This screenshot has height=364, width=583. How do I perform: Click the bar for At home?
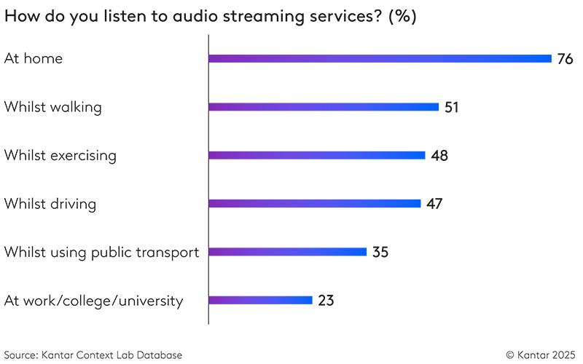(x=380, y=58)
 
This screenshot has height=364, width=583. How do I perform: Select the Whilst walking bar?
(x=324, y=107)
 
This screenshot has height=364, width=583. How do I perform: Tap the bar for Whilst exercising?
(x=317, y=155)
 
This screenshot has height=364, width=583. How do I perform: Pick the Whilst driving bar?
(x=315, y=203)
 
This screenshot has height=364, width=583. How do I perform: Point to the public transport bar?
(x=287, y=252)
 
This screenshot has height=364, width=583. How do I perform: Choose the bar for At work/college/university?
(x=260, y=300)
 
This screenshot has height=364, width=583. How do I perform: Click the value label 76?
(x=566, y=59)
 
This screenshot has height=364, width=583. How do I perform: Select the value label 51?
(x=452, y=107)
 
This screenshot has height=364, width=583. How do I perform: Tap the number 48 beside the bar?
(x=439, y=155)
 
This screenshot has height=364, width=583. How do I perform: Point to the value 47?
(x=434, y=204)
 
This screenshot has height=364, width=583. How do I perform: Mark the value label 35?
(x=380, y=252)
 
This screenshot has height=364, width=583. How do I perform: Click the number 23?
(x=326, y=300)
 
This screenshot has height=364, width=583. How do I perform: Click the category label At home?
(x=34, y=59)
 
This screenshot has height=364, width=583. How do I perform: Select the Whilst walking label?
(x=52, y=107)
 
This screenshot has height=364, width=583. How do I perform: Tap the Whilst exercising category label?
(x=60, y=155)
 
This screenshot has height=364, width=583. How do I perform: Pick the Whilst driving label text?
(x=50, y=204)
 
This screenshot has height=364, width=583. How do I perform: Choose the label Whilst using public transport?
(x=101, y=253)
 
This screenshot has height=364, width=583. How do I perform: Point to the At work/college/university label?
(x=93, y=301)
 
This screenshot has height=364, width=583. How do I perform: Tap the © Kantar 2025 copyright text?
(x=541, y=355)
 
